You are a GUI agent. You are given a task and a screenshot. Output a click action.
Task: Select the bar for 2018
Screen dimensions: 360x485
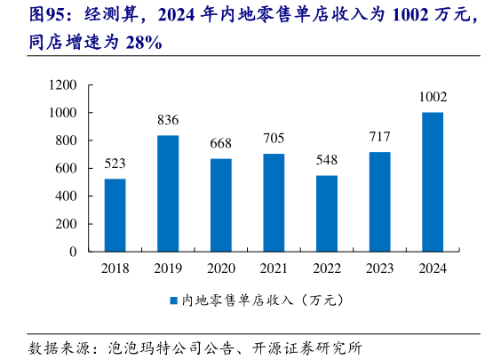coord(115,214)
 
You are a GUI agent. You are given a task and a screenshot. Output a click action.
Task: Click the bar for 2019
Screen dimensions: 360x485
coord(168,193)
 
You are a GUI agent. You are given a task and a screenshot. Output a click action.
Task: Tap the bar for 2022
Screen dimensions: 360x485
coord(326,212)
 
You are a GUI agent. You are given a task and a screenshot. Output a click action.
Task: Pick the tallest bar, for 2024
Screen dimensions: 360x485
coord(433,181)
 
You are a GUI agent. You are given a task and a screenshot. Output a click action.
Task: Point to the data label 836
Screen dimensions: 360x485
coord(168,121)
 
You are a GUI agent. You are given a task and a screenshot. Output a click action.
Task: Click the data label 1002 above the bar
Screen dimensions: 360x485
coord(433,97)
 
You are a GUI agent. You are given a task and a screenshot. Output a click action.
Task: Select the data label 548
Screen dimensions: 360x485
coord(326,161)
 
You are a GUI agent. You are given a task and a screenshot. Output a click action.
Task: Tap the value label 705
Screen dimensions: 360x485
coord(274,139)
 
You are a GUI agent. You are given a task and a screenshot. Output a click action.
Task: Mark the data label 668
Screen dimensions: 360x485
coord(220,144)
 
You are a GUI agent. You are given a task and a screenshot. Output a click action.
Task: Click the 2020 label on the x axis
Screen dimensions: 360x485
coord(220,268)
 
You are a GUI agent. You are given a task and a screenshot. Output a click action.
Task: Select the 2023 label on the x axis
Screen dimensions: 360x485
coord(379,268)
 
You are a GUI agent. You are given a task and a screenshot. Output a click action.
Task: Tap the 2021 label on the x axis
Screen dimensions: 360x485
coord(274,268)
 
